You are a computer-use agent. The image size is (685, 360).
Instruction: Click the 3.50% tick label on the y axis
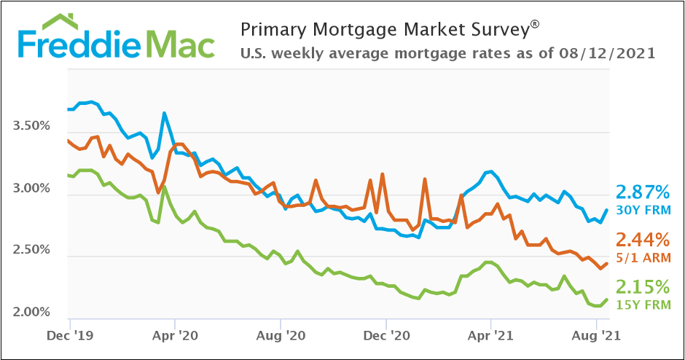[x=31, y=126]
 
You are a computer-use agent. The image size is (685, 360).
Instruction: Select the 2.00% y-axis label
[x=31, y=313]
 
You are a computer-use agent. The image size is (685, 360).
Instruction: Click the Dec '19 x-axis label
[x=70, y=337]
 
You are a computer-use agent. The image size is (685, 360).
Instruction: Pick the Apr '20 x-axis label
[x=175, y=337]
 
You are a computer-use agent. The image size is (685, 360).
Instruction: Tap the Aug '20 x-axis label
[x=281, y=337]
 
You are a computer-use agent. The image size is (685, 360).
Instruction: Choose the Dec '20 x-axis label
[x=386, y=337]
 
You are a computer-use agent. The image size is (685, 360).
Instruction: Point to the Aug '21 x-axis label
[x=596, y=337]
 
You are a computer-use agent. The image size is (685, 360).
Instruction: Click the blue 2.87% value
[x=643, y=192]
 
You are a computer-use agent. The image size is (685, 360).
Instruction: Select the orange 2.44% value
[x=643, y=239]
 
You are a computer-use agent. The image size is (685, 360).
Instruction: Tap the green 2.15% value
[x=643, y=286]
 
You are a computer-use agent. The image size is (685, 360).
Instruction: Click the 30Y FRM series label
[x=643, y=211]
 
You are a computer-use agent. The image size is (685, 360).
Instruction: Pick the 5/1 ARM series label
[x=643, y=257]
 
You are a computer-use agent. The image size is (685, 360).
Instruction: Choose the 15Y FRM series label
[x=643, y=304]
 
